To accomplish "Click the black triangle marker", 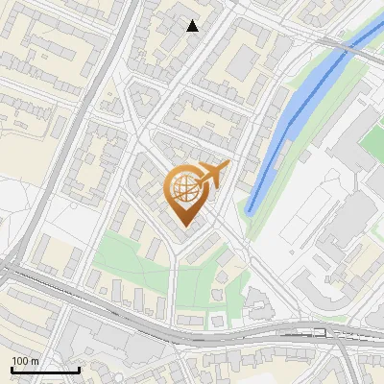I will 193,26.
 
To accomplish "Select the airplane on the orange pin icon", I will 213,173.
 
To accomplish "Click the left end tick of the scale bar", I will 12,369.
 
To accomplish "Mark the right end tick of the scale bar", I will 79,369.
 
